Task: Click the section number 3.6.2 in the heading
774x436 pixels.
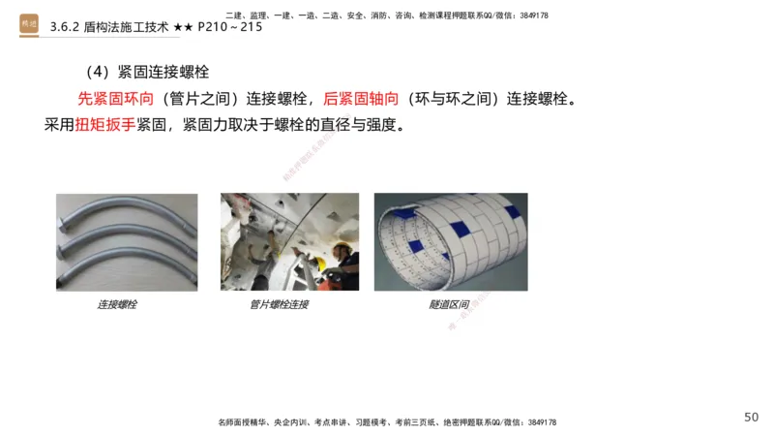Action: [x=68, y=27]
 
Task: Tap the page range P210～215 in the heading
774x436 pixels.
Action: [x=229, y=27]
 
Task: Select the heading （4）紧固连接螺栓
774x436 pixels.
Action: [x=146, y=73]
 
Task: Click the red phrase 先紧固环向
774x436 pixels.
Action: [x=114, y=99]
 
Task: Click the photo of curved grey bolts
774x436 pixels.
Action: [x=127, y=242]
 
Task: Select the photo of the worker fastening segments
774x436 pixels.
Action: [x=289, y=242]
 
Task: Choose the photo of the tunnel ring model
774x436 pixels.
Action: [x=451, y=242]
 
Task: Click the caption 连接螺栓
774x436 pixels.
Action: [x=117, y=304]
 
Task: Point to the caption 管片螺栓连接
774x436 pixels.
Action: [x=279, y=304]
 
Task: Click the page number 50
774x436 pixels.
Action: [x=751, y=417]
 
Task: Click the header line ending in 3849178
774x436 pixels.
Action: [x=386, y=16]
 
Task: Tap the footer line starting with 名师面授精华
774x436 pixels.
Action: [x=386, y=422]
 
